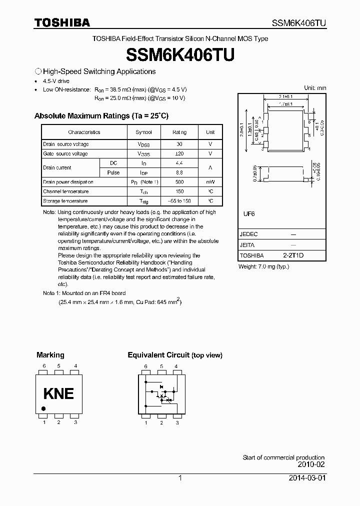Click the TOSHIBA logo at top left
click(x=62, y=22)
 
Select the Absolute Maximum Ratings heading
click(x=101, y=115)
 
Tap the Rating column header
click(x=179, y=132)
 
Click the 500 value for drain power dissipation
click(x=179, y=182)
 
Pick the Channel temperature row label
click(x=66, y=191)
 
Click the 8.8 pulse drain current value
click(x=179, y=172)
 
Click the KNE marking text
click(x=58, y=393)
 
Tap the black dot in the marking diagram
click(x=43, y=409)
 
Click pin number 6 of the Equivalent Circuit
click(x=146, y=366)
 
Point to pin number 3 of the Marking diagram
click(x=75, y=423)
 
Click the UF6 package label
click(x=249, y=213)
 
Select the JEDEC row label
click(x=249, y=234)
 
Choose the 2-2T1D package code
click(x=293, y=255)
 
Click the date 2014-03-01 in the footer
click(x=306, y=478)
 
